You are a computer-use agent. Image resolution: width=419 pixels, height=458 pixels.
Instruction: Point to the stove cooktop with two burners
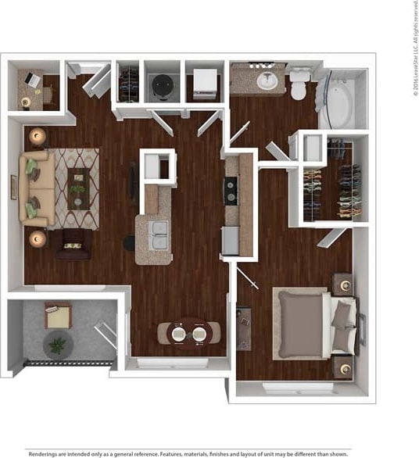(231, 191)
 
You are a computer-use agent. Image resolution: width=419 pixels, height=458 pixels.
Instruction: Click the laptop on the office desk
(31, 79)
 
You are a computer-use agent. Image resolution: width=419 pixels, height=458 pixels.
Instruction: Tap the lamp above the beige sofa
(37, 137)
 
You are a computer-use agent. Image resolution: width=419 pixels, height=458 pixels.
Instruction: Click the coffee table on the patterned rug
(78, 188)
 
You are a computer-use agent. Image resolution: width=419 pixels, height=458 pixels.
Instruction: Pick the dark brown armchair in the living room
(72, 244)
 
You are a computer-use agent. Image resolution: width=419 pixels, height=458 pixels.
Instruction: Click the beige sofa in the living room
(38, 188)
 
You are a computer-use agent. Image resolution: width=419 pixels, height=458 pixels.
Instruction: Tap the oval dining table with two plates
(188, 333)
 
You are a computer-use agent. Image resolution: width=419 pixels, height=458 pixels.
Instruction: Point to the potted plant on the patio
(58, 344)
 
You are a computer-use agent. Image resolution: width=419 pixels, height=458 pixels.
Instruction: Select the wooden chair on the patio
(57, 316)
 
